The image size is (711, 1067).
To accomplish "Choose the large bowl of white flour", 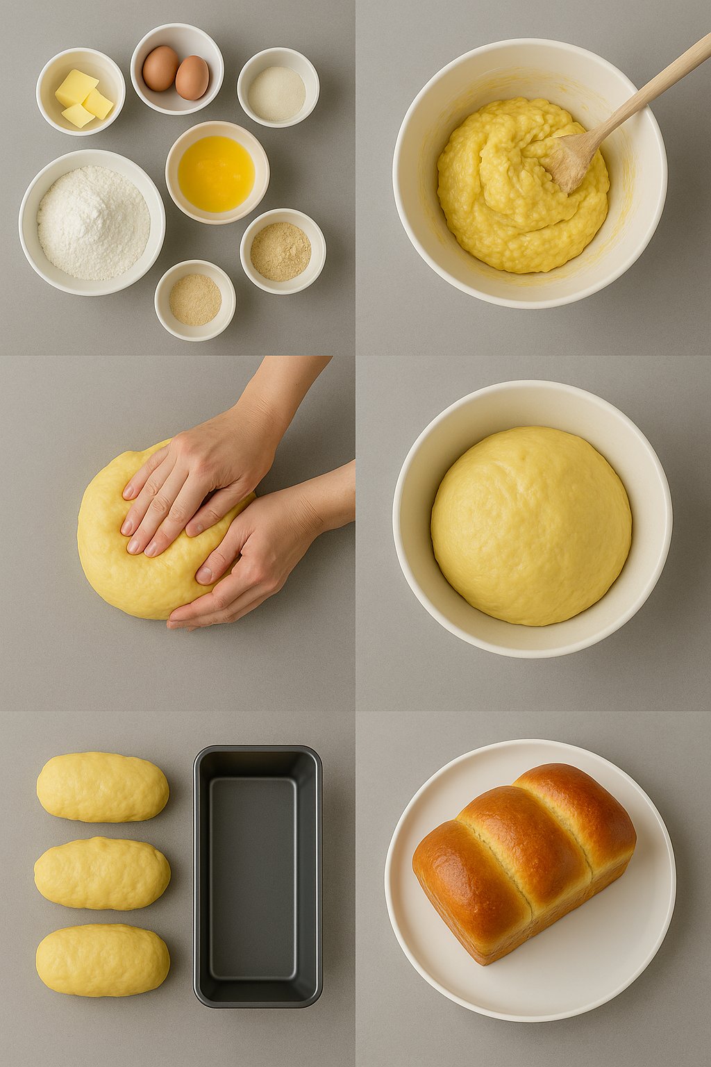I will (92, 222).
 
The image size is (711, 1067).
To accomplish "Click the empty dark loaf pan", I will (258, 877).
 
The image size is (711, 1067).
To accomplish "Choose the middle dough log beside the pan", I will (102, 873).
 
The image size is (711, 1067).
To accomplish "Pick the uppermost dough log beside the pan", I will (102, 787).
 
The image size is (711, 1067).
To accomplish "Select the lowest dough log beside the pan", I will (102, 960).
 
